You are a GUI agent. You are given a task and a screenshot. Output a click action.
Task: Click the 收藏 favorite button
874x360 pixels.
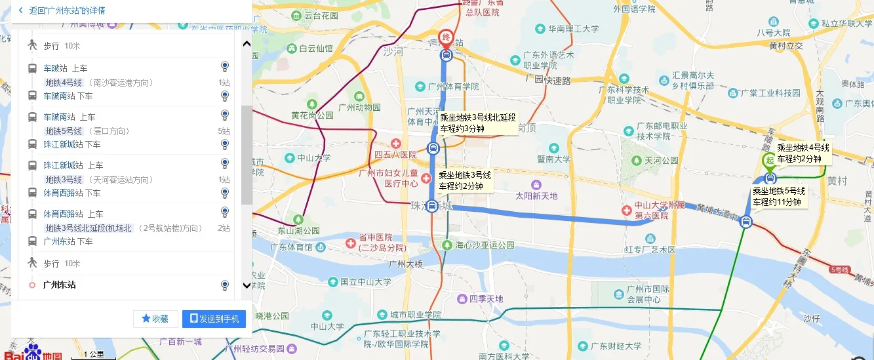[x=155, y=319]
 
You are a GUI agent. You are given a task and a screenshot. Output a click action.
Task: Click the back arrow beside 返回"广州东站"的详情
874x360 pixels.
[x=20, y=10]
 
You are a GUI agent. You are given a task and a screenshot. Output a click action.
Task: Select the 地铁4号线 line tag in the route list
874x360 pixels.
[x=64, y=83]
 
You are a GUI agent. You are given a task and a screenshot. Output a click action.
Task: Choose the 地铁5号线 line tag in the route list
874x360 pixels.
[x=64, y=131]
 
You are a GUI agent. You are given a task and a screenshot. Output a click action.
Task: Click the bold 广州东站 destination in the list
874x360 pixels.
[x=59, y=285]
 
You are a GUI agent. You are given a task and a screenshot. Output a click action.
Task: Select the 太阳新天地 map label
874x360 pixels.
[x=536, y=195]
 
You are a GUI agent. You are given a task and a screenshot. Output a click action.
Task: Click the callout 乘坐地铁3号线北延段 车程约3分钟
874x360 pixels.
[x=477, y=123]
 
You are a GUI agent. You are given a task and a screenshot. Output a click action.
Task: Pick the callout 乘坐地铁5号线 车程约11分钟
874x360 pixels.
[x=778, y=196]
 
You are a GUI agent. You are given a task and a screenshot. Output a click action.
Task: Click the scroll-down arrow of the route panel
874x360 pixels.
[x=247, y=285]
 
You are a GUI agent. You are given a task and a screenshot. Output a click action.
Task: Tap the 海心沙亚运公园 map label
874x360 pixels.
[x=485, y=245]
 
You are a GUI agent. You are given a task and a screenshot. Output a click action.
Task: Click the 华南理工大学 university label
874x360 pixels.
[x=573, y=29]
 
